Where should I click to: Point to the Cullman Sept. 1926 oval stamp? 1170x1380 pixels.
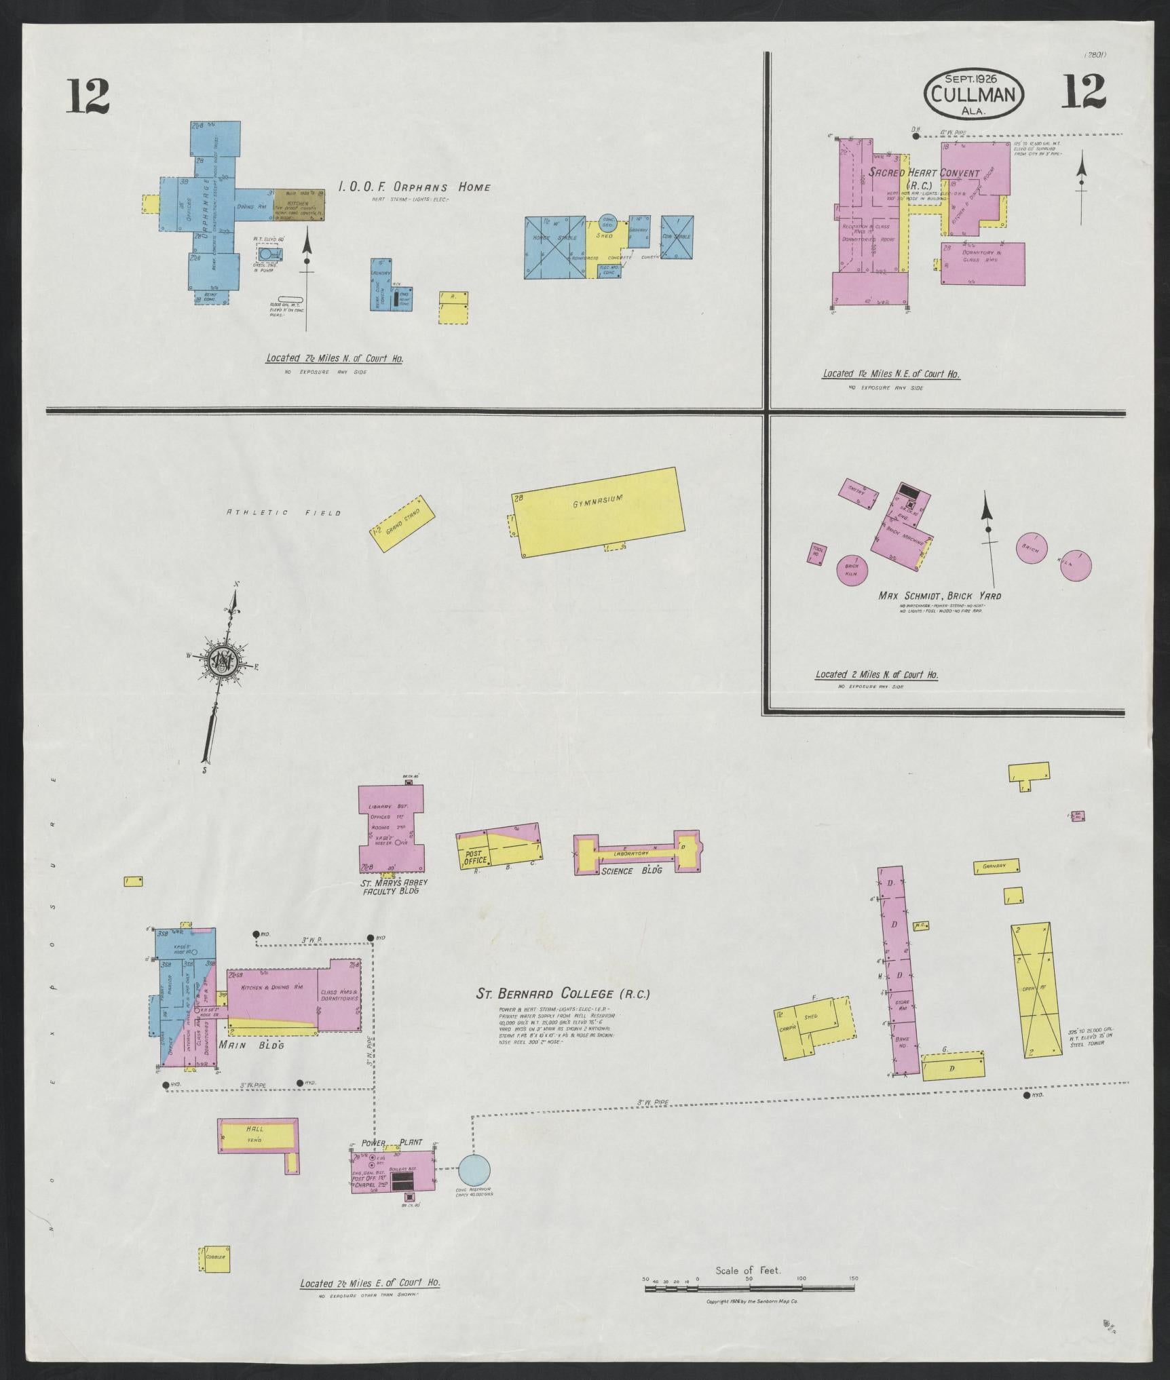[x=973, y=95]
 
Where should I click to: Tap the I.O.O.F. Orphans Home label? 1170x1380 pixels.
[x=415, y=187]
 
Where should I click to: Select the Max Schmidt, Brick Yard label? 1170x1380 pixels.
[x=939, y=596]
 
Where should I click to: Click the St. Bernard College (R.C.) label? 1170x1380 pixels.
[x=563, y=994]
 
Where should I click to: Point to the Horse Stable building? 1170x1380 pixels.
[x=554, y=247]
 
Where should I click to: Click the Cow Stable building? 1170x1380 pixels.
[x=677, y=237]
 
